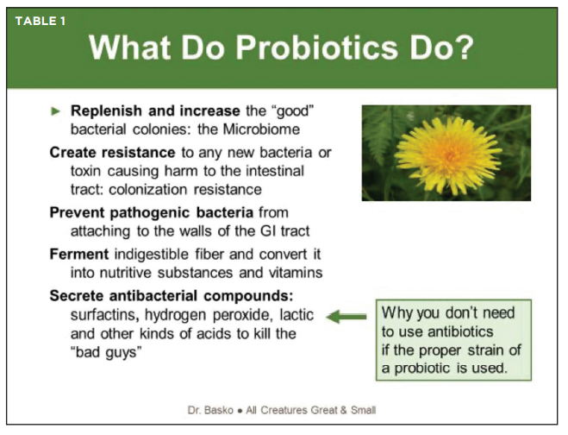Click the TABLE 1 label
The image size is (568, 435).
pos(41,21)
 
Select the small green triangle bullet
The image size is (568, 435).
pos(55,111)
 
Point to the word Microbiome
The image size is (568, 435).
pos(261,129)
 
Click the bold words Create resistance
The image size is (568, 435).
pos(112,153)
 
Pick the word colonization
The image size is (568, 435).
pos(147,190)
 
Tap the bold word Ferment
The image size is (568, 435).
pos(79,255)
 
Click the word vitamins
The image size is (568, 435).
pos(296,273)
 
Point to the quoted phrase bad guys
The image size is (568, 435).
pos(105,353)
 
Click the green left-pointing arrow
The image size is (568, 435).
pos(346,317)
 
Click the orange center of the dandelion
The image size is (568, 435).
pos(450,155)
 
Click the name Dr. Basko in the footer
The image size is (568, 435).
pos(210,410)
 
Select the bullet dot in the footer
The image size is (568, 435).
pos(240,411)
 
